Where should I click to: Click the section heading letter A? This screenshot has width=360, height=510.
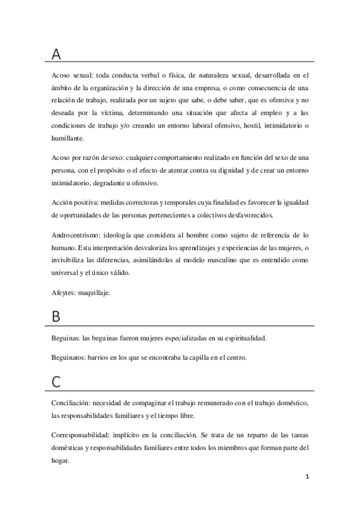[x=56, y=54]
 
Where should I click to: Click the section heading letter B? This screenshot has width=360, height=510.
[x=56, y=318]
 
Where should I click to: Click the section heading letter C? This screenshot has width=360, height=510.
[x=56, y=381]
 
